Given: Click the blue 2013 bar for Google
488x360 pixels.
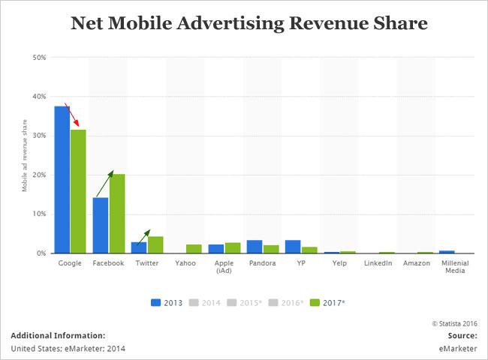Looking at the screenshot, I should pyautogui.click(x=62, y=180).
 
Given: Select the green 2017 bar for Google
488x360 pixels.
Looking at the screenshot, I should pyautogui.click(x=78, y=192).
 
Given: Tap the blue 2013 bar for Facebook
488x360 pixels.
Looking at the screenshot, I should pyautogui.click(x=101, y=225).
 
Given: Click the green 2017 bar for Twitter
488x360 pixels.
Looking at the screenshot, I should pyautogui.click(x=155, y=245).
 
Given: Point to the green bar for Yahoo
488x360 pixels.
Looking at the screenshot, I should pyautogui.click(x=194, y=249).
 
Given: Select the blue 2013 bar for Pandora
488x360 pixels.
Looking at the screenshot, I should pyautogui.click(x=255, y=247).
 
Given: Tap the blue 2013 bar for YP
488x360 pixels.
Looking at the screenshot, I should pyautogui.click(x=293, y=247).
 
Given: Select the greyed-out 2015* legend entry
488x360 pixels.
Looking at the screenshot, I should pyautogui.click(x=249, y=302).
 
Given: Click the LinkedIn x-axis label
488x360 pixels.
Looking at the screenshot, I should pyautogui.click(x=378, y=264).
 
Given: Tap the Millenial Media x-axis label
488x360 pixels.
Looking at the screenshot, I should pyautogui.click(x=453, y=267).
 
